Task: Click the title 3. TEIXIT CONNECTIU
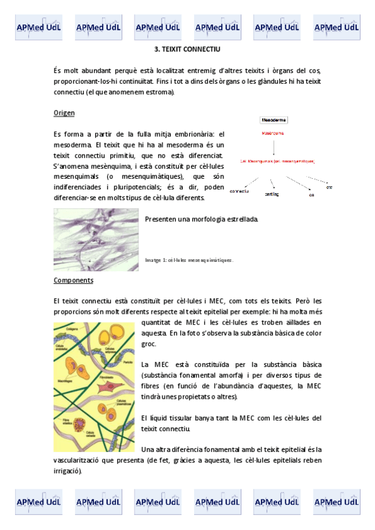click(187, 48)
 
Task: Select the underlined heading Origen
click(64, 112)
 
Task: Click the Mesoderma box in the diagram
click(274, 119)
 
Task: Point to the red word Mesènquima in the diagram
click(272, 133)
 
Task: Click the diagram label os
click(311, 195)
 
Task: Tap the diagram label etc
click(329, 187)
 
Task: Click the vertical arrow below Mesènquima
click(275, 146)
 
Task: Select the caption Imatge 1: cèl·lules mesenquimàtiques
click(189, 260)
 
